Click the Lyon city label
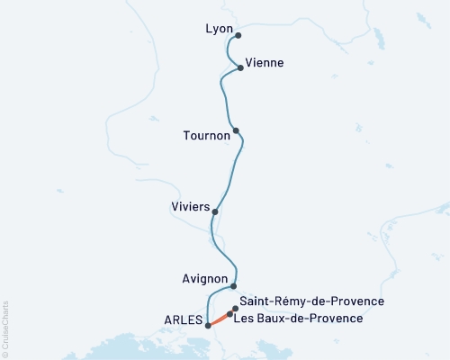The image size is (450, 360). tap(219, 29)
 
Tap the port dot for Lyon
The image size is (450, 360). tap(238, 36)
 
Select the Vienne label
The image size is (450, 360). tap(265, 63)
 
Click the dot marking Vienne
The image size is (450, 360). tap(240, 67)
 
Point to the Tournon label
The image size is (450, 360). tap(206, 135)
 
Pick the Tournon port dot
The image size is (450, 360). tap(236, 130)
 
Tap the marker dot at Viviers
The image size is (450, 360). tap(215, 211)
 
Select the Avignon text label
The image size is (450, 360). tap(203, 279)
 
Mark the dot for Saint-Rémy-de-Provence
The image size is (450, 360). tap(236, 309)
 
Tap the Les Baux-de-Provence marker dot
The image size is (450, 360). tap(229, 315)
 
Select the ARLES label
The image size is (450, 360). tap(184, 319)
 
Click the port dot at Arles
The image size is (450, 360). tap(208, 326)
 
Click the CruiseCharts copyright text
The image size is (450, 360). tap(5, 328)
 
